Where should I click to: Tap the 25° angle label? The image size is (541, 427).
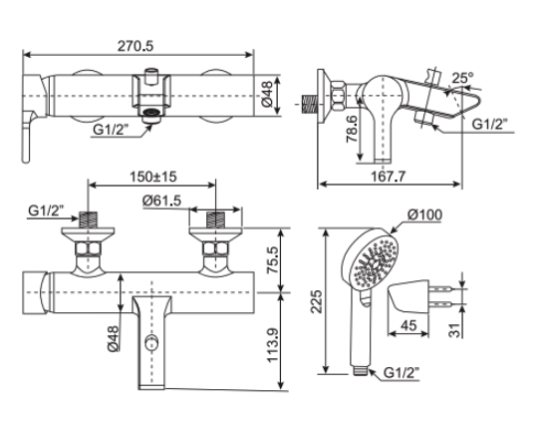click(460, 77)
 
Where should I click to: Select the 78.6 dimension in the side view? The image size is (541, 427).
click(349, 132)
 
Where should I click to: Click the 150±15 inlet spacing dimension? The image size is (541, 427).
click(152, 177)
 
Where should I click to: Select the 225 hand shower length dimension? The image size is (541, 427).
click(317, 301)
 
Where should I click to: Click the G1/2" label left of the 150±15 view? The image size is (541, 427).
click(45, 211)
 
